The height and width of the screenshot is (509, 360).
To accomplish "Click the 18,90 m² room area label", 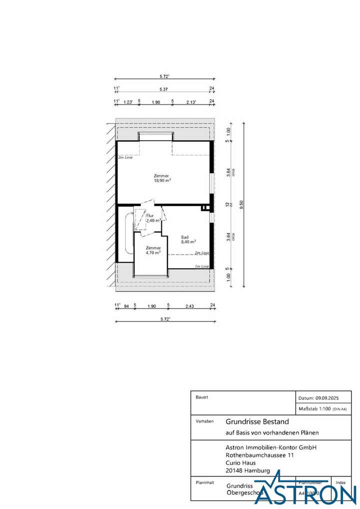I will (x=162, y=181).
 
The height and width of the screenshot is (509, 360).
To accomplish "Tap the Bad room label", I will (x=184, y=236).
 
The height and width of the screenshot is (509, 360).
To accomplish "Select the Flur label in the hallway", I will (x=149, y=215).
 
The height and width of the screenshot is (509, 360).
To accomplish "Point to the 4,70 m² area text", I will (x=153, y=253).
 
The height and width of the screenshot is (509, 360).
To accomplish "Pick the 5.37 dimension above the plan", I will (x=163, y=89).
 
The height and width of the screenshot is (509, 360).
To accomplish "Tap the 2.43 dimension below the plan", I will (x=190, y=305).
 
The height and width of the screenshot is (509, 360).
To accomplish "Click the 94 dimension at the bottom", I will (x=126, y=305).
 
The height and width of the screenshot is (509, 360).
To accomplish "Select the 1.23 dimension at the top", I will (x=128, y=101).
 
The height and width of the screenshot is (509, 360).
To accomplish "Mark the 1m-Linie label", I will (x=201, y=266).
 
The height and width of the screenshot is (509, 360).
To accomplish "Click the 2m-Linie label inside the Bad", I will (x=201, y=253).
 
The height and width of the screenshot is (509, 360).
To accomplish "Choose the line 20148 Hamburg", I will (x=248, y=470).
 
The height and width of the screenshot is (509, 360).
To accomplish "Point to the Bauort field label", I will (x=201, y=397).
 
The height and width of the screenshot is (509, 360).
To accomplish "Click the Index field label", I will (x=340, y=482).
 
